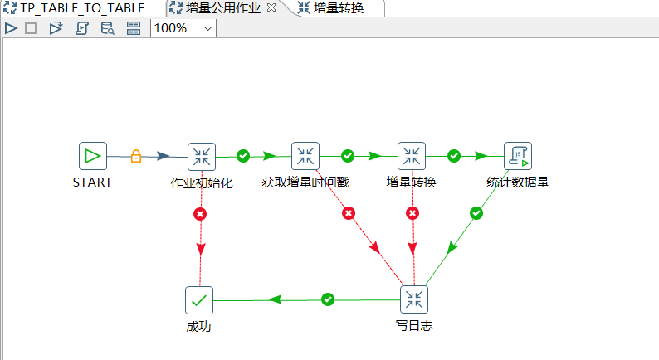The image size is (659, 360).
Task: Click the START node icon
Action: (x=93, y=155)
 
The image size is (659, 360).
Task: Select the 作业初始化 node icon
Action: (x=202, y=155)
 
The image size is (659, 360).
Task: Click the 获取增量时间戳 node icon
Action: (x=305, y=155)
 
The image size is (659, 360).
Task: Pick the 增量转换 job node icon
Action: (x=412, y=155)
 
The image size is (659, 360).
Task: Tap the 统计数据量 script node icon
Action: (x=518, y=155)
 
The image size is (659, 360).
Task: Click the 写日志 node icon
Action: (x=414, y=299)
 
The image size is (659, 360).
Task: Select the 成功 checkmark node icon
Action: (x=199, y=299)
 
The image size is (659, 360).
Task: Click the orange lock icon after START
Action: (x=136, y=156)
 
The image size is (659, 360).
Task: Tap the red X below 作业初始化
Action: (x=200, y=214)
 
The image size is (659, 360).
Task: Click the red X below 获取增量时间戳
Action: (x=349, y=214)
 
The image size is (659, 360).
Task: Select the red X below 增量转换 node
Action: (x=412, y=214)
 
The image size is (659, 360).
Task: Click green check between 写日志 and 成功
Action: (x=328, y=299)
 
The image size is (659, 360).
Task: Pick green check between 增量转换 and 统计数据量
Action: (x=454, y=155)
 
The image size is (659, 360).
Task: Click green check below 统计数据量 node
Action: (x=476, y=213)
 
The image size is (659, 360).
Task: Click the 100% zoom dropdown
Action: (x=183, y=28)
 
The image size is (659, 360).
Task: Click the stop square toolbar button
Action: (x=31, y=28)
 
